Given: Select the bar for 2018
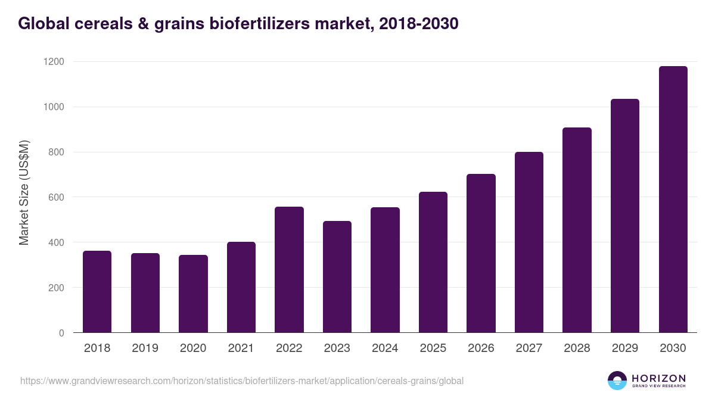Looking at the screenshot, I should point(97,292).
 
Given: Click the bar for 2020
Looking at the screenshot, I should point(193,294).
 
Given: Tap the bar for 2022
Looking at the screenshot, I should point(289,270).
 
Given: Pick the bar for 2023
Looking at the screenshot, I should point(337,277).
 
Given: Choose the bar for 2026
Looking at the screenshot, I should point(481,253).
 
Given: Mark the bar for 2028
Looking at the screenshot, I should point(577,230).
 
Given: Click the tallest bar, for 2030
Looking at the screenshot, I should point(673,200).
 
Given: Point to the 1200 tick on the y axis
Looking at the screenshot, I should point(53,62).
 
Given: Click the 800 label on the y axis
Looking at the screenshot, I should point(55,152).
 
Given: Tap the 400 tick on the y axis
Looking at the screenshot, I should point(55,242).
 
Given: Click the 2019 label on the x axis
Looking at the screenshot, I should point(145,348).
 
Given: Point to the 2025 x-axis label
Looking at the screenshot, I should point(433,348).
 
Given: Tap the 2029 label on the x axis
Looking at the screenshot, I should point(625,348).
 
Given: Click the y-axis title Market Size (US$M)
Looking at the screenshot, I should point(24,193).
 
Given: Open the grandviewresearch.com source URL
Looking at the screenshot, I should point(242,381).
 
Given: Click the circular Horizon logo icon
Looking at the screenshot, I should point(617,381).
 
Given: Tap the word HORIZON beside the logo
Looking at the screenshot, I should point(658,378).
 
